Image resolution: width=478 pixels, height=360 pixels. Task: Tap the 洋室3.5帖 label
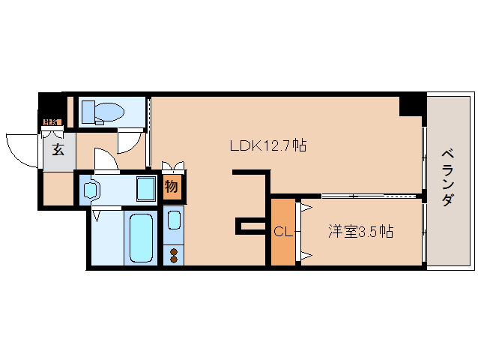coord(360,232)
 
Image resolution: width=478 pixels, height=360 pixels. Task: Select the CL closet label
coord(282,232)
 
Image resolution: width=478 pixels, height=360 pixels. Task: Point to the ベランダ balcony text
coord(447,178)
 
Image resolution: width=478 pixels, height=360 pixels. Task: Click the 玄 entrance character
coord(58,148)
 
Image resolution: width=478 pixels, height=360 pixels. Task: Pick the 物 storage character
coord(172,187)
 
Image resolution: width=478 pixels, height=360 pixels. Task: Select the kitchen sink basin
coord(174,220)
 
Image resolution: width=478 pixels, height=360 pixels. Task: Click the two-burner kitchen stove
coord(174,254)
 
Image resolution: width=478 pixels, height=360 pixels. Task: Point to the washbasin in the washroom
coord(91,190)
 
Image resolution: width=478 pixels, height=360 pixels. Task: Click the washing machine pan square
coord(146,189)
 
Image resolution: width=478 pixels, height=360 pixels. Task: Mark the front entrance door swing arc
coord(21,147)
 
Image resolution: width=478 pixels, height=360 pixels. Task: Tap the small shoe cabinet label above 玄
coord(51,121)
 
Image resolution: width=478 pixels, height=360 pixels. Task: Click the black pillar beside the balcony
coord(411,104)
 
